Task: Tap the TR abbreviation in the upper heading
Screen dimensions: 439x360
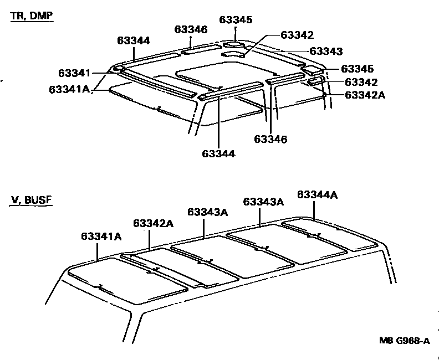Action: [x=17, y=16]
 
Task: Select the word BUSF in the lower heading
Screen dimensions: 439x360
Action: [x=38, y=200]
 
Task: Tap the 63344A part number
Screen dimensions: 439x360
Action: [x=317, y=194]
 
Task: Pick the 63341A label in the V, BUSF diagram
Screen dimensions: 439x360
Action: [x=101, y=236]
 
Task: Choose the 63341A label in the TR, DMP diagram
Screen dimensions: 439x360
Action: [x=69, y=89]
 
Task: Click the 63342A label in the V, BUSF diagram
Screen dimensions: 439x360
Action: [x=153, y=223]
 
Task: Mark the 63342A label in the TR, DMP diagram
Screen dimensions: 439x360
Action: [x=365, y=95]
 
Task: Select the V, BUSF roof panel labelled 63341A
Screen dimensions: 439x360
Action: [x=127, y=280]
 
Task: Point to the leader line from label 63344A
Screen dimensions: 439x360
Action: [x=314, y=210]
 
